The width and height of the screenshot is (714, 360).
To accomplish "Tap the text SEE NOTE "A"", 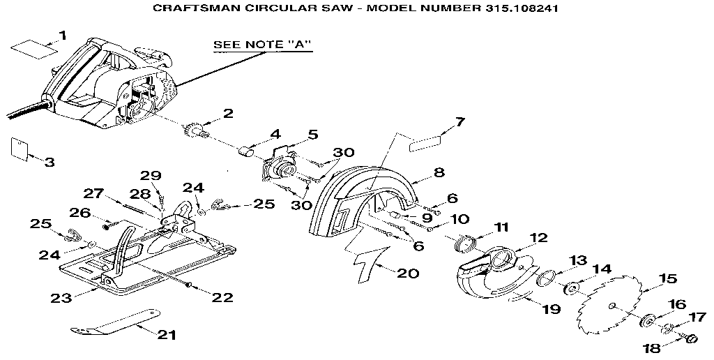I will pos(261,45).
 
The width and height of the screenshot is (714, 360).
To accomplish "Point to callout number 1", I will pos(63,35).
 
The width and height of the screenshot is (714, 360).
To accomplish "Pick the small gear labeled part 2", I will pos(193,130).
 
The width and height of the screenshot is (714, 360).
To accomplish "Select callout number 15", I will pos(667,278).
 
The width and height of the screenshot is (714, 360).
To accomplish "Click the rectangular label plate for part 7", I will pos(425,143).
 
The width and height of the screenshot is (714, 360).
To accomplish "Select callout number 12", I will pos(539,239).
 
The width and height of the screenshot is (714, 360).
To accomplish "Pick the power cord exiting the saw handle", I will pos(21,112).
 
